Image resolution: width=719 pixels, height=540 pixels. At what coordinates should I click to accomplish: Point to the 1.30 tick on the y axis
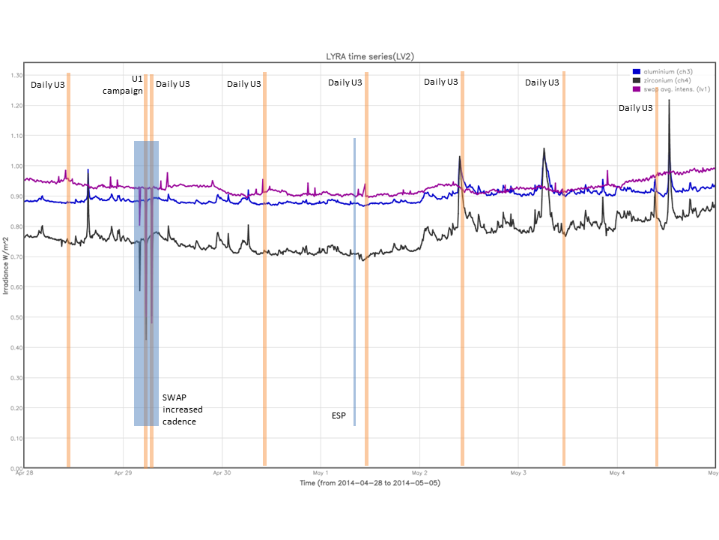pyautogui.click(x=16, y=75)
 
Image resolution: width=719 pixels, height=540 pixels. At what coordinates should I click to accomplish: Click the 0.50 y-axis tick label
pyautogui.click(x=16, y=317)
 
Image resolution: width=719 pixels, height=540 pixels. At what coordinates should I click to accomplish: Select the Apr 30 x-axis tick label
pyautogui.click(x=222, y=474)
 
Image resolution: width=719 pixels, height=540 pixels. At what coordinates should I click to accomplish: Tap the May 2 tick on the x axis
pyautogui.click(x=419, y=474)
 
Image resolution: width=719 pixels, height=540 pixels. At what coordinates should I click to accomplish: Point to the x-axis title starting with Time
pyautogui.click(x=369, y=484)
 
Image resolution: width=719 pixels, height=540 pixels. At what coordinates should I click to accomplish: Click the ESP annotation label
pyautogui.click(x=339, y=415)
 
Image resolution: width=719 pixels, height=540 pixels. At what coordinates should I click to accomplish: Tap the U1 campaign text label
pyautogui.click(x=122, y=84)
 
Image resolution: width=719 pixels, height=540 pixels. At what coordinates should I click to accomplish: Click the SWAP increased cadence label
pyautogui.click(x=183, y=409)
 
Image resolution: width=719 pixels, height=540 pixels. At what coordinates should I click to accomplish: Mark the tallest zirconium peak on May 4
pyautogui.click(x=669, y=100)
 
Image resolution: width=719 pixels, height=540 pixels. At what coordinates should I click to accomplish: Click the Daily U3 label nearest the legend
pyautogui.click(x=635, y=108)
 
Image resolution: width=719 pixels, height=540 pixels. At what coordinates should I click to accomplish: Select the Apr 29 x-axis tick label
pyautogui.click(x=124, y=474)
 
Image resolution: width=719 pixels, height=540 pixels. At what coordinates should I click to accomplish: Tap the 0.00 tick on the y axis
pyautogui.click(x=16, y=469)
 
